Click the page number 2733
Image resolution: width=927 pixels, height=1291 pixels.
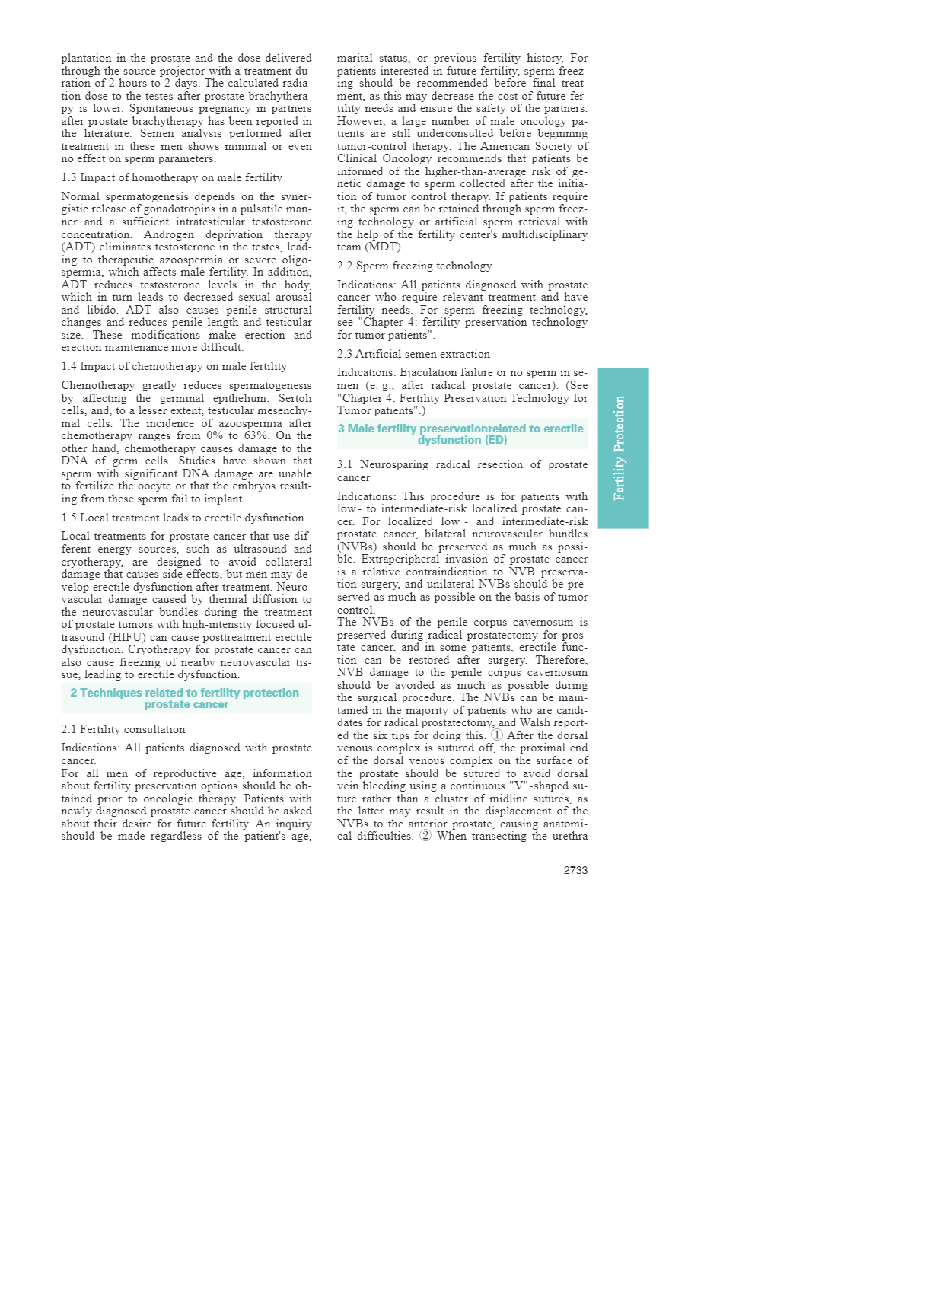pos(575,870)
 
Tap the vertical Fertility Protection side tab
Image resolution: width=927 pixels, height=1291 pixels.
pos(623,448)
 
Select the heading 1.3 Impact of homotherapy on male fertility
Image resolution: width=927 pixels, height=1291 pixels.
pos(171,177)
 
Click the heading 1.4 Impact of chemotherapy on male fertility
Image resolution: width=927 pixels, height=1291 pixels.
pos(174,366)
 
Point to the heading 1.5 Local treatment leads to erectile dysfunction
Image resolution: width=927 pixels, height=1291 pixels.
pos(182,518)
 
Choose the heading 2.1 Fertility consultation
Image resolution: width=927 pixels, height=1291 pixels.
pos(123,729)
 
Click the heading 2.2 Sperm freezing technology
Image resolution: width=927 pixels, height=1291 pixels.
pos(414,266)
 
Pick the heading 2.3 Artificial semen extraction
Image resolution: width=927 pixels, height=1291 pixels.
pos(413,354)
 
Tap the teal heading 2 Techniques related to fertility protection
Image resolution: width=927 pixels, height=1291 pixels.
pos(185,698)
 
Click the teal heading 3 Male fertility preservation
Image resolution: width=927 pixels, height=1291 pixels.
pos(461,434)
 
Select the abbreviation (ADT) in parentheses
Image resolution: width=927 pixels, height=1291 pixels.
pos(78,247)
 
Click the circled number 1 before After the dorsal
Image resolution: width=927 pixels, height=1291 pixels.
pos(497,735)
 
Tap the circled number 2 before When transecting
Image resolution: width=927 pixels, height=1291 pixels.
pos(425,836)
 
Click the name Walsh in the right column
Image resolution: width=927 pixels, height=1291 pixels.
pos(535,722)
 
